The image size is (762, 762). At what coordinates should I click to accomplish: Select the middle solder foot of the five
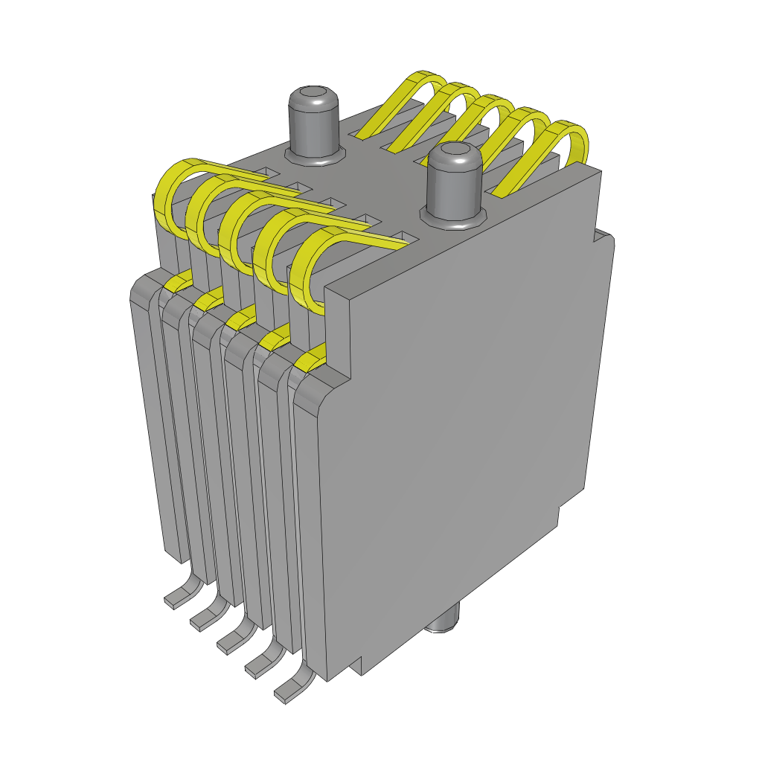tap(234, 638)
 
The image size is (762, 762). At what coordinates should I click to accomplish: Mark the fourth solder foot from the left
tap(263, 662)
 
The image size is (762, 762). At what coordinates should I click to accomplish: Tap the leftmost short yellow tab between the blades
tap(179, 282)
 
